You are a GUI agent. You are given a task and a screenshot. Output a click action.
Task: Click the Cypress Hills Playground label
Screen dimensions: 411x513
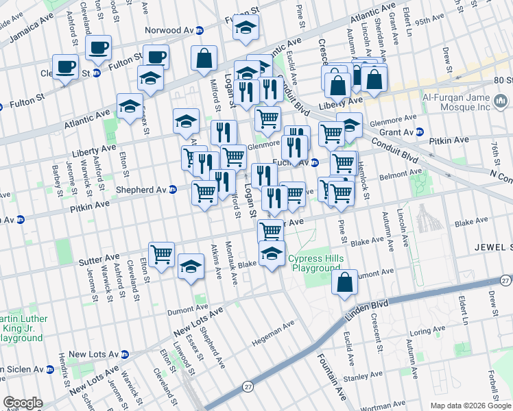click(313, 263)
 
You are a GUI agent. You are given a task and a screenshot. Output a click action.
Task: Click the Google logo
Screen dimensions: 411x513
click(23, 403)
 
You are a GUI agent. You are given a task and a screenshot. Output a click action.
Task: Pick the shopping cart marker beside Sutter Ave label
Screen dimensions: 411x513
click(161, 255)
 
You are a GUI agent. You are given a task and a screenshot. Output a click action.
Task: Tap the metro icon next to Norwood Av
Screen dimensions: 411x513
click(200, 30)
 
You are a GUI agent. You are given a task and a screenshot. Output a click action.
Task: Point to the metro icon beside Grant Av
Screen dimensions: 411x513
click(420, 132)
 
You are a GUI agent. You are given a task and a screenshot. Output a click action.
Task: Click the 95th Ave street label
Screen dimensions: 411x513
click(431, 21)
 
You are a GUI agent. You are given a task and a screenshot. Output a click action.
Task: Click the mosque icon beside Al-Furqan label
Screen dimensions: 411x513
click(501, 102)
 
